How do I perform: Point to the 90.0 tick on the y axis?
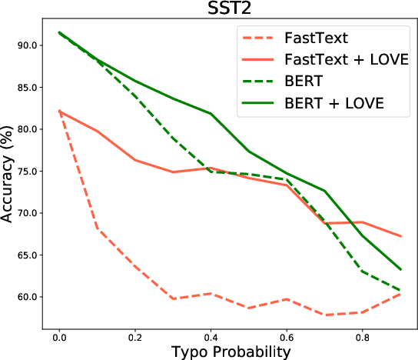[x=23, y=45]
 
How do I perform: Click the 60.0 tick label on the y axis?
[x=23, y=297]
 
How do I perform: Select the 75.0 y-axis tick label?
[x=23, y=172]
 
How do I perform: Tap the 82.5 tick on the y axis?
[x=23, y=108]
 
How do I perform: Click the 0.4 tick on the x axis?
[x=211, y=336]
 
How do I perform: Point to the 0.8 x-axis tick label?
[x=362, y=336]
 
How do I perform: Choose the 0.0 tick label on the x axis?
[x=59, y=336]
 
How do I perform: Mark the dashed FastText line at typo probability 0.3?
[x=173, y=298]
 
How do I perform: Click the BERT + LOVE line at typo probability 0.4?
[x=211, y=114]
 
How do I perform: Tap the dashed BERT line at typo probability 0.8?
[x=362, y=271]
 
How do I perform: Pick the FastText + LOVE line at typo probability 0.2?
[x=135, y=160]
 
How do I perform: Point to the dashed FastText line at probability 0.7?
[x=324, y=315]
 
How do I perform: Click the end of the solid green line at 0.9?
[x=400, y=269]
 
